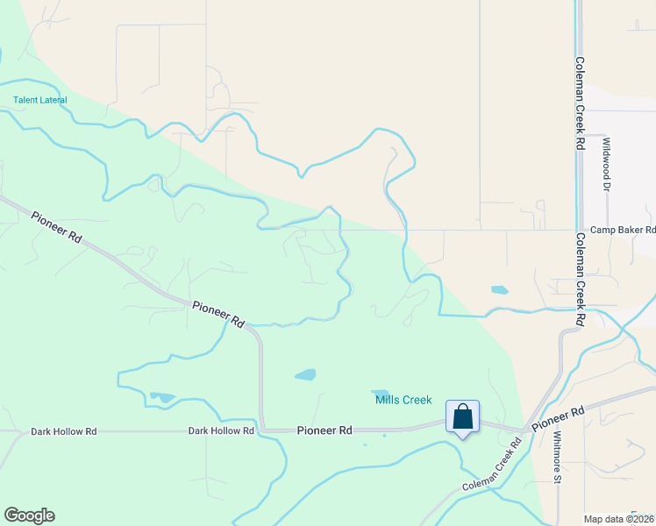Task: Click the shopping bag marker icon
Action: point(462,416)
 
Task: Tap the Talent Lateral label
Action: point(39,100)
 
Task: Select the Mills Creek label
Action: point(403,400)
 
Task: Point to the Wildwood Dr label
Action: point(605,163)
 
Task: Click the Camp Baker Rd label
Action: point(623,230)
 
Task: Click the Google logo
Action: point(29,515)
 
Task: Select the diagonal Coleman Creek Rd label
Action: point(492,465)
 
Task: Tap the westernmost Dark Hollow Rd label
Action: point(63,431)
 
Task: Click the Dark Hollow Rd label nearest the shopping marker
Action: point(221,431)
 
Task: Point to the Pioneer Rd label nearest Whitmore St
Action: point(558,417)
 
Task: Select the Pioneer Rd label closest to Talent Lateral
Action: point(56,227)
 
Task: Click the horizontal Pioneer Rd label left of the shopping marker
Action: point(324,430)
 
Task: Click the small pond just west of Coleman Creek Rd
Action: point(499,289)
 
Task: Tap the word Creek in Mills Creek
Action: point(417,400)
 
